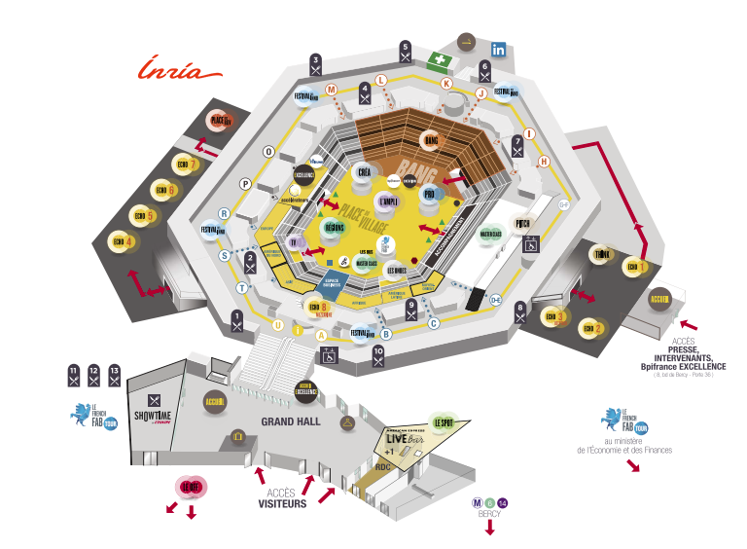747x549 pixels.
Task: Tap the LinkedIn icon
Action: (x=499, y=50)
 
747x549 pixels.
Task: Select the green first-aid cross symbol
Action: (x=442, y=60)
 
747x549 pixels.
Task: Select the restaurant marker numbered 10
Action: (x=378, y=356)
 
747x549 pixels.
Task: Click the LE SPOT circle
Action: (x=445, y=422)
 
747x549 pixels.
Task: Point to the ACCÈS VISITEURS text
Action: (x=282, y=498)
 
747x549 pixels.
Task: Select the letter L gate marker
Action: (x=381, y=79)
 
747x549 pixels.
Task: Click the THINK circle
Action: (x=601, y=255)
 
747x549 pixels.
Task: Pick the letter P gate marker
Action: (x=246, y=183)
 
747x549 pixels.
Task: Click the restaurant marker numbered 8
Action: (x=520, y=313)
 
